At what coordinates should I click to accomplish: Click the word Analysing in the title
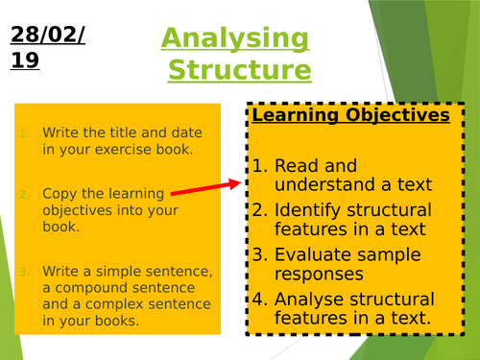235,39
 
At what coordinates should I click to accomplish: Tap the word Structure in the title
240,71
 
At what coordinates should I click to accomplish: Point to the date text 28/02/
49,36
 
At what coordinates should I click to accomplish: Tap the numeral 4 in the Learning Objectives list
258,299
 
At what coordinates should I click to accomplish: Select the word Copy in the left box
56,193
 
